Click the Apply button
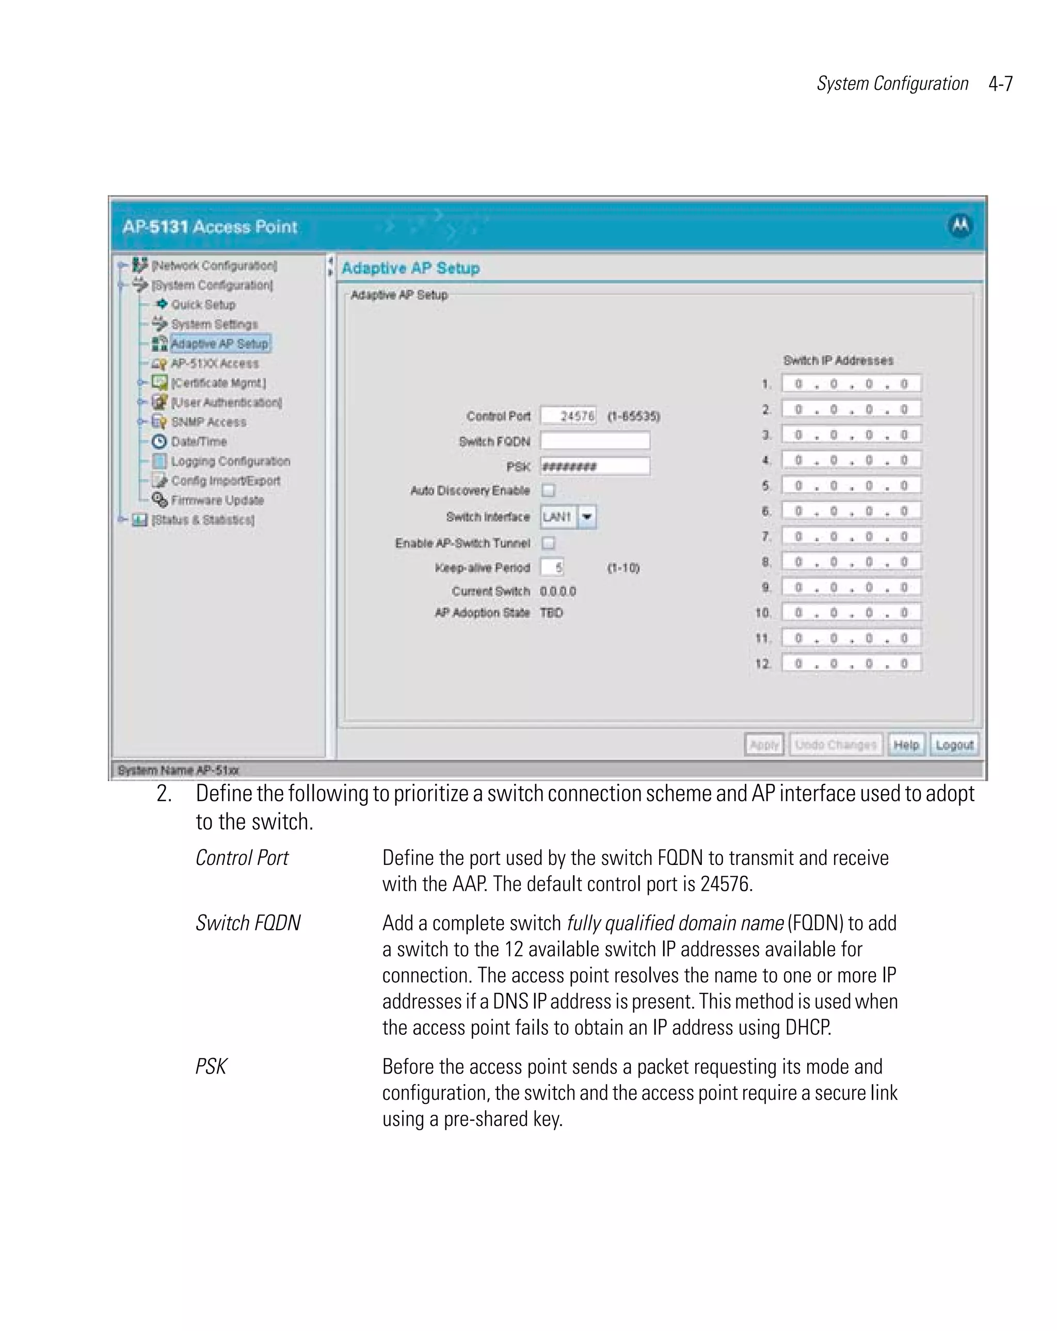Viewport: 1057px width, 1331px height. pos(763,745)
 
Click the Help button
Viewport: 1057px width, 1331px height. pos(906,745)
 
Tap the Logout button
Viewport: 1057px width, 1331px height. pos(954,745)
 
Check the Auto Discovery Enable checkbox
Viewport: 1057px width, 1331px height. pos(548,490)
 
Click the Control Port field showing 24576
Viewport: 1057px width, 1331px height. pos(569,415)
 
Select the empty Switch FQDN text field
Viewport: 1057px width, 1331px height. pos(595,441)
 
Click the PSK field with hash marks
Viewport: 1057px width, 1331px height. pos(595,466)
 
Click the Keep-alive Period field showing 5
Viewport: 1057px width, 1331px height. pos(552,567)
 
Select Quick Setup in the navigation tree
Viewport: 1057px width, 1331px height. pos(203,304)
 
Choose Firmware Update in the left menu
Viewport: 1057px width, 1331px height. pos(217,500)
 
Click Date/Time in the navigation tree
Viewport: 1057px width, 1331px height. pos(198,441)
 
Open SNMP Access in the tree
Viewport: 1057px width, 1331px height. pos(208,422)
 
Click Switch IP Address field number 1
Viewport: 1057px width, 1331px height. pos(851,384)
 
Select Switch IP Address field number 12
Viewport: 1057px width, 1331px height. pos(851,664)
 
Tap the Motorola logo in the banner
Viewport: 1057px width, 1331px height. pos(960,226)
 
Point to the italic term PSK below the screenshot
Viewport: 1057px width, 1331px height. pos(211,1066)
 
